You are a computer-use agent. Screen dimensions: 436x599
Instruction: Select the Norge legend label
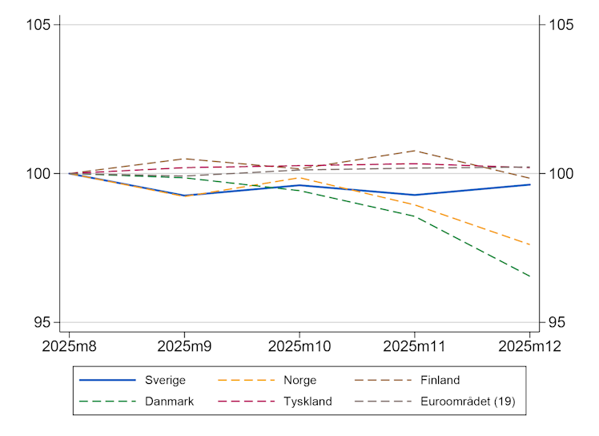tap(299, 380)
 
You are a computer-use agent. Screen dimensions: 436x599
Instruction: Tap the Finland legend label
tap(439, 380)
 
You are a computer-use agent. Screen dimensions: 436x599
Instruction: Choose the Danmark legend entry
tap(169, 402)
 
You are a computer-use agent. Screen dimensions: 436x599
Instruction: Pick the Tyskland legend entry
tap(307, 402)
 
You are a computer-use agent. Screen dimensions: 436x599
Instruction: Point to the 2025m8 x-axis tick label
tap(69, 346)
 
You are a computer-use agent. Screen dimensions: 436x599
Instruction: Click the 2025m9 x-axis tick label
tap(185, 346)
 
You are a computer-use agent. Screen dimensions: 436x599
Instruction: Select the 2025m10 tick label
tap(299, 346)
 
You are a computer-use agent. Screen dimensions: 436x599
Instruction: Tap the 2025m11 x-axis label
tap(415, 346)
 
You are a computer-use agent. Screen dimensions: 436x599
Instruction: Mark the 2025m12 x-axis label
tap(529, 346)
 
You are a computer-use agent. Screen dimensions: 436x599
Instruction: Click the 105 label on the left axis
tap(41, 25)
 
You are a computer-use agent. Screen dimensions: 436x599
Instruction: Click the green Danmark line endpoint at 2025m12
tap(529, 277)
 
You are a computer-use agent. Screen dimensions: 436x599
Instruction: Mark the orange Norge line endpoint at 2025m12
tap(529, 244)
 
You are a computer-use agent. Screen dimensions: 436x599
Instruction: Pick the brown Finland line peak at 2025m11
tap(415, 151)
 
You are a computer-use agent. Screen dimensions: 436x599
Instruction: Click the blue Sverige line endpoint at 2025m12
tap(529, 184)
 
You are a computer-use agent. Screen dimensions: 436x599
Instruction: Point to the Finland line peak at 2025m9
tap(185, 159)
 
